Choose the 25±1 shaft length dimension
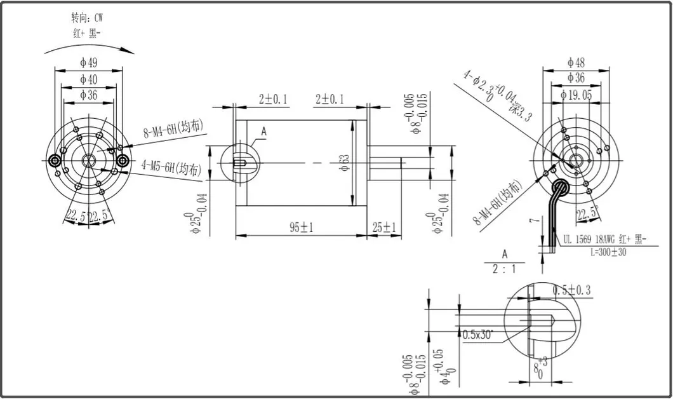point(384,227)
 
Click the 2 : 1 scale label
point(505,269)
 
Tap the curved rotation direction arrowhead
point(131,50)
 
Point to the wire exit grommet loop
point(561,186)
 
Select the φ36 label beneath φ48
point(576,78)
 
